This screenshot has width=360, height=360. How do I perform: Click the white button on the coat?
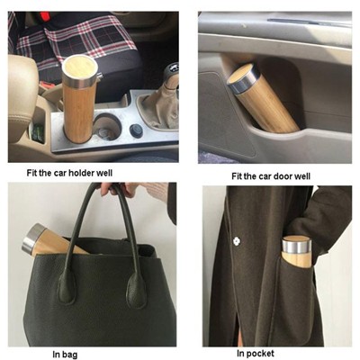[x=236, y=241]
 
